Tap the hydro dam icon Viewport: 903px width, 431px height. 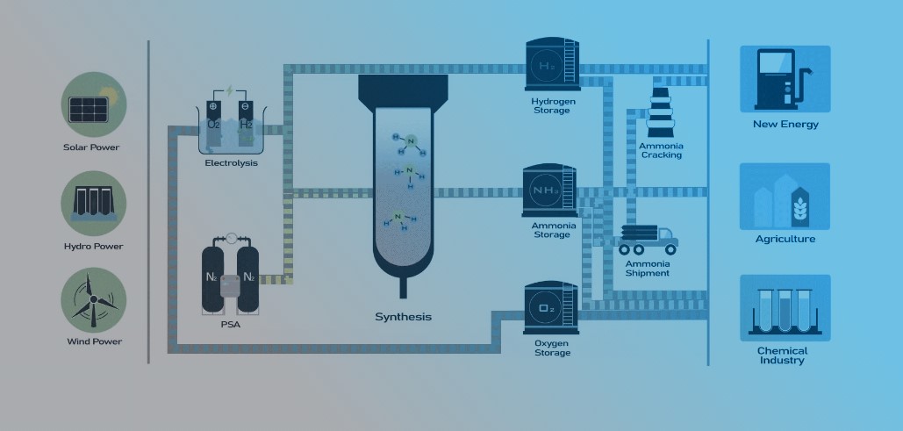[92, 204]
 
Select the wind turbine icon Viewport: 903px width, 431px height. [92, 299]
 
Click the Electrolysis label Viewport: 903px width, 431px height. [231, 163]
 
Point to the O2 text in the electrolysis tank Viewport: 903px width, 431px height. [213, 126]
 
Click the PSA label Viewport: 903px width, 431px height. [231, 324]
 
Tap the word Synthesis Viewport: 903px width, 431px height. [403, 317]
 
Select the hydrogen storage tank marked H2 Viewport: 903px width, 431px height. [550, 65]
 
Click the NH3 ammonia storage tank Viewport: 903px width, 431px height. [549, 189]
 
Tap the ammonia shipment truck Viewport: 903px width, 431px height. [647, 239]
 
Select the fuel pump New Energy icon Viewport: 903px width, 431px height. [785, 79]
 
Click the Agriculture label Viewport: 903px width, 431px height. [785, 239]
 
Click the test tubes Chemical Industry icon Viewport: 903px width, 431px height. [785, 306]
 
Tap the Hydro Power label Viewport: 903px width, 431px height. [93, 247]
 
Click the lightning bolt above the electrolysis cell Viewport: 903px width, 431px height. [231, 90]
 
